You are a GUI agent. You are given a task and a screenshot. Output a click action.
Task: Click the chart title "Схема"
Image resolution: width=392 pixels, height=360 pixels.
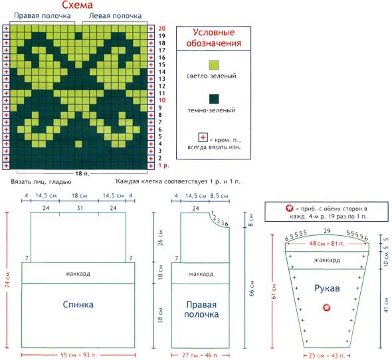click(x=77, y=5)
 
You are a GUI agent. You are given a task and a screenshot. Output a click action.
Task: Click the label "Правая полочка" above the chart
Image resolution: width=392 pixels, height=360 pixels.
click(x=43, y=16)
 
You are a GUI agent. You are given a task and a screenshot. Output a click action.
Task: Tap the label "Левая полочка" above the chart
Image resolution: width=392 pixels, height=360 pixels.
click(x=115, y=16)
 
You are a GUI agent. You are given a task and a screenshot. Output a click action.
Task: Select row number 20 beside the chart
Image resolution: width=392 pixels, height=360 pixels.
click(x=161, y=29)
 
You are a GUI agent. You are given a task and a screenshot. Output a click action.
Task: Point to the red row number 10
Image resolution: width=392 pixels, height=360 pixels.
click(x=161, y=100)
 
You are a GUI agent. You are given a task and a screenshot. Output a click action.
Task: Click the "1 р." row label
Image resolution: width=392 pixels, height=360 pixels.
click(x=163, y=165)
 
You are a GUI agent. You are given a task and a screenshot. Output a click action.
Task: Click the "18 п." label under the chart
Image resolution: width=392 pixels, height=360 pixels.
click(x=82, y=173)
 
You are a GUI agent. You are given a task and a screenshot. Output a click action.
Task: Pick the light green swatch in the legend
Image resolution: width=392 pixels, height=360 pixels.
click(x=214, y=65)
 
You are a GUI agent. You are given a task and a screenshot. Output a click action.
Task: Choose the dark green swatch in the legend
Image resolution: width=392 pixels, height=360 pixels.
click(x=214, y=99)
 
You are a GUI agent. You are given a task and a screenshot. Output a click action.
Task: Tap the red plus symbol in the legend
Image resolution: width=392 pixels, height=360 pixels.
click(x=203, y=137)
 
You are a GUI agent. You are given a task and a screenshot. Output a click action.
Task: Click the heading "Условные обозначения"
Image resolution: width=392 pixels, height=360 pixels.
click(x=214, y=37)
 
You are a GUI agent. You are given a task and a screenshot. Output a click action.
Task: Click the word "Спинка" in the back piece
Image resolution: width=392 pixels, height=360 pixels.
click(x=78, y=304)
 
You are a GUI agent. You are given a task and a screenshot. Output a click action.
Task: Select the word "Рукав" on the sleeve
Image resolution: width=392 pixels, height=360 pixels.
click(x=327, y=288)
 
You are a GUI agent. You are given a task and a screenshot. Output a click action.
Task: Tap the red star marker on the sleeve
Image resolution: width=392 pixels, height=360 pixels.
click(x=326, y=308)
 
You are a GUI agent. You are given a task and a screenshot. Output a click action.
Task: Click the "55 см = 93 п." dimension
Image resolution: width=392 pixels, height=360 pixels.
click(x=78, y=355)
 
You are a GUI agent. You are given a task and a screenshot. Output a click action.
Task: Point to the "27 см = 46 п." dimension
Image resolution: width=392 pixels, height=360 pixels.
click(x=200, y=355)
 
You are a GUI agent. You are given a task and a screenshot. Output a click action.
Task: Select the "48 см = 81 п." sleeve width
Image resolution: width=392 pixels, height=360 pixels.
click(x=327, y=243)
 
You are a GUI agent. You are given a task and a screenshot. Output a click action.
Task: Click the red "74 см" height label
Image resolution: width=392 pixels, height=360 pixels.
click(x=7, y=280)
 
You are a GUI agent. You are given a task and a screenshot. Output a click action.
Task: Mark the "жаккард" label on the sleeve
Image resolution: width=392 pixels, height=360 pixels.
click(x=327, y=260)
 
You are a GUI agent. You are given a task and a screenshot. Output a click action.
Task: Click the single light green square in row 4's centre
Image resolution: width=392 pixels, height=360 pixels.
click(x=78, y=144)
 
